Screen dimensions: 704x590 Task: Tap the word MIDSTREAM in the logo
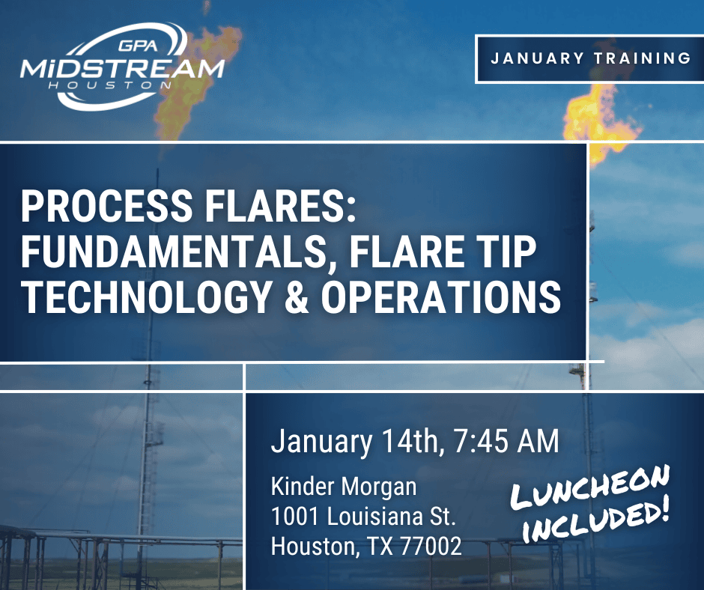[x=122, y=70]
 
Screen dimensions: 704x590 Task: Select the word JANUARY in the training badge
[x=537, y=58]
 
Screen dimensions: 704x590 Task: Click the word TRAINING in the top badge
[x=643, y=58]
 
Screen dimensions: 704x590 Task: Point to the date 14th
[x=410, y=441]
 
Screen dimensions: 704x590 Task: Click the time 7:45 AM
[x=506, y=441]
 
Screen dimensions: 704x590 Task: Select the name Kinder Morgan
[x=344, y=487]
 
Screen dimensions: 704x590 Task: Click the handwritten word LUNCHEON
[x=590, y=487]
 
